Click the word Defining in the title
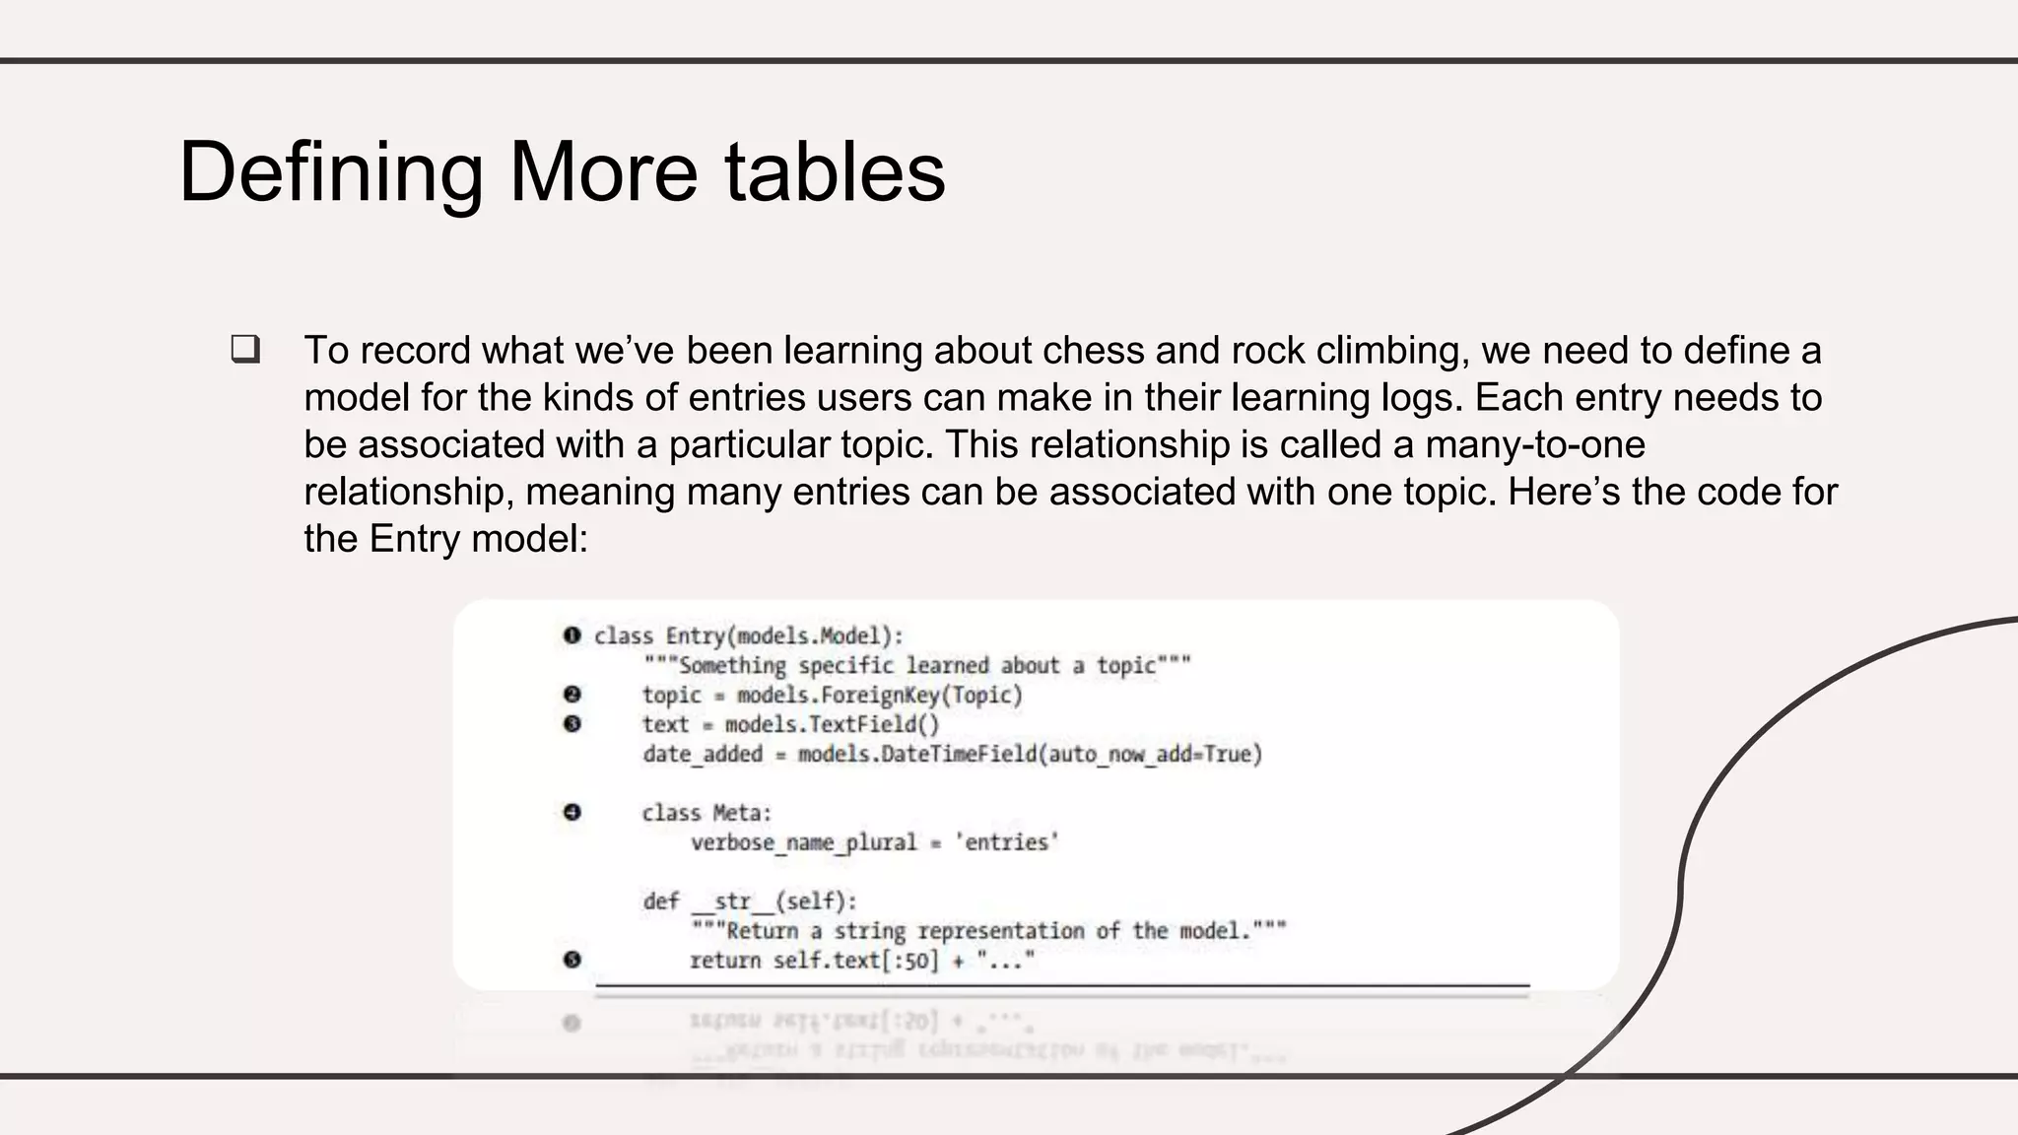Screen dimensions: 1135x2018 pyautogui.click(x=330, y=173)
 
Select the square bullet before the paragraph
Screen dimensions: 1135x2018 pyautogui.click(x=245, y=350)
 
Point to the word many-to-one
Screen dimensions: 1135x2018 pyautogui.click(x=1534, y=444)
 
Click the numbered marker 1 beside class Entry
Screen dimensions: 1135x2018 pyautogui.click(x=572, y=635)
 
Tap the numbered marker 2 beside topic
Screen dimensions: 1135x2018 pyautogui.click(x=572, y=695)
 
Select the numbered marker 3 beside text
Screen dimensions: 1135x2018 pyautogui.click(x=572, y=724)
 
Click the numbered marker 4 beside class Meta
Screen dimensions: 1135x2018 pyautogui.click(x=572, y=813)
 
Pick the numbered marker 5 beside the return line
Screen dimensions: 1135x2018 pyautogui.click(x=572, y=960)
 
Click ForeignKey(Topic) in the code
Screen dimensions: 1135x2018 pyautogui.click(x=921, y=696)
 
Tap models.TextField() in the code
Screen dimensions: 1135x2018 pyautogui.click(x=832, y=725)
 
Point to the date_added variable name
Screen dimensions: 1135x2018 pyautogui.click(x=703, y=755)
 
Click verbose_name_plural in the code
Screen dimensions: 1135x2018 pyautogui.click(x=803, y=843)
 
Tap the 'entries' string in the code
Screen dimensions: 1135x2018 pyautogui.click(x=1006, y=842)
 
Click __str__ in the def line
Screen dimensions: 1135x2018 pyautogui.click(x=732, y=901)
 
